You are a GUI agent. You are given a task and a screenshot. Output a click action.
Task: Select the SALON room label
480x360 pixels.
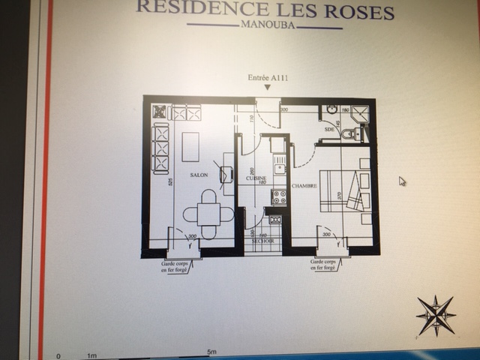199,175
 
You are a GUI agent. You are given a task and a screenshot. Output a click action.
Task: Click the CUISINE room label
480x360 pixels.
257,178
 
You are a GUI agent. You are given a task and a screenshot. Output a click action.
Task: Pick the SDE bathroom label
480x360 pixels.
328,129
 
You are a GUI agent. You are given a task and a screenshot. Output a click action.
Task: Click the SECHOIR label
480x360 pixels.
262,241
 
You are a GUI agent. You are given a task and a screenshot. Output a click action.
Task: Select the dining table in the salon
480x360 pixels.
208,214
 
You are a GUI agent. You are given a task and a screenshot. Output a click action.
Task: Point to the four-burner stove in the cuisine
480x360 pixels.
278,197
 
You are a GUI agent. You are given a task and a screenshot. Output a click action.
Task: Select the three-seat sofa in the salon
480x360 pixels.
160,148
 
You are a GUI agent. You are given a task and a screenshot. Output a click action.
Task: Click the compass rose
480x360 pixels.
436,315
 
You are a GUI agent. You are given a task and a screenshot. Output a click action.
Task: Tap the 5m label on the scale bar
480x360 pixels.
211,352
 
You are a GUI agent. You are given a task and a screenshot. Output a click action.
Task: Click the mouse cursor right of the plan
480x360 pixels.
402,181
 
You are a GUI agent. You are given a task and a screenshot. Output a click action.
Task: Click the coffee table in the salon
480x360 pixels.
190,147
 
